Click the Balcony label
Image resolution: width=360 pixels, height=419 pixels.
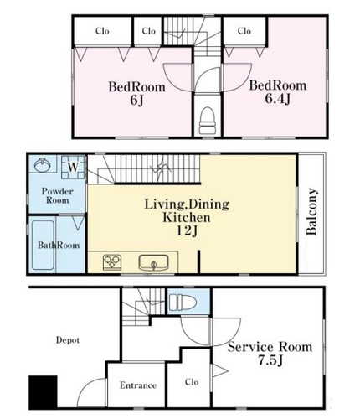pyautogui.click(x=311, y=211)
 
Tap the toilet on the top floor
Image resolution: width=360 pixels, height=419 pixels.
pyautogui.click(x=208, y=121)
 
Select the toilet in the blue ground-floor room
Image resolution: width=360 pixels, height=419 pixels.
pyautogui.click(x=183, y=302)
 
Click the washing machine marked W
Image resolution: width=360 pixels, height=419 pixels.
pyautogui.click(x=73, y=167)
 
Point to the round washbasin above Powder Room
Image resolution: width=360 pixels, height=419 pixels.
pyautogui.click(x=43, y=165)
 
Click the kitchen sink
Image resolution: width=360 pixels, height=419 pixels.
pyautogui.click(x=154, y=262)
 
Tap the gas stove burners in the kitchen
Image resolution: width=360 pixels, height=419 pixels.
pyautogui.click(x=112, y=262)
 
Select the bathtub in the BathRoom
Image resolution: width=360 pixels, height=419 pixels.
pyautogui.click(x=44, y=245)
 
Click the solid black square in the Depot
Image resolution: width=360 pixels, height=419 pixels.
pyautogui.click(x=43, y=391)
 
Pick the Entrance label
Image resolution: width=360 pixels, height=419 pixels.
pyautogui.click(x=138, y=385)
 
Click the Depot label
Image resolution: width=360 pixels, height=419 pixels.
pyautogui.click(x=68, y=340)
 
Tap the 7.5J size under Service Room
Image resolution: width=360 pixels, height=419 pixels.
pyautogui.click(x=270, y=360)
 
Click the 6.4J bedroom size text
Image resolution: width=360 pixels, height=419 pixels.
pyautogui.click(x=278, y=99)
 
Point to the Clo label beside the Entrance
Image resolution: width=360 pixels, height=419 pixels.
pyautogui.click(x=192, y=382)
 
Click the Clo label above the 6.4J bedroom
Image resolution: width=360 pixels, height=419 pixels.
pyautogui.click(x=244, y=31)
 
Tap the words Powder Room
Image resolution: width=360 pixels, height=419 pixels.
pyautogui.click(x=57, y=195)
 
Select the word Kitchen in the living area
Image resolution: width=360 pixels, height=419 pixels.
pyautogui.click(x=187, y=217)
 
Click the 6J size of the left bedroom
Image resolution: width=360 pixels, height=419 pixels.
pyautogui.click(x=136, y=101)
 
